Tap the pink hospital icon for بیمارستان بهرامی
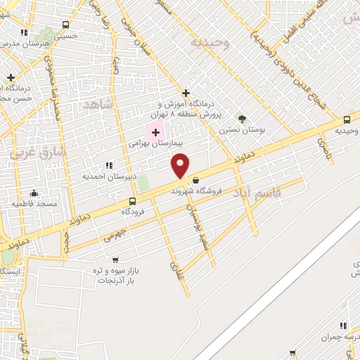155,131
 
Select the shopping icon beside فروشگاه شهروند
195,181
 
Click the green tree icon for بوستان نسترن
242,119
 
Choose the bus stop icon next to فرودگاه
132,201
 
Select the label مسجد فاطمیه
33,204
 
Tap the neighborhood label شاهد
98,104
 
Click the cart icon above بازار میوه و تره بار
115,260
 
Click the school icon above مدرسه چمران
344,326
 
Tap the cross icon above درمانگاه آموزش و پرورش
186,93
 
